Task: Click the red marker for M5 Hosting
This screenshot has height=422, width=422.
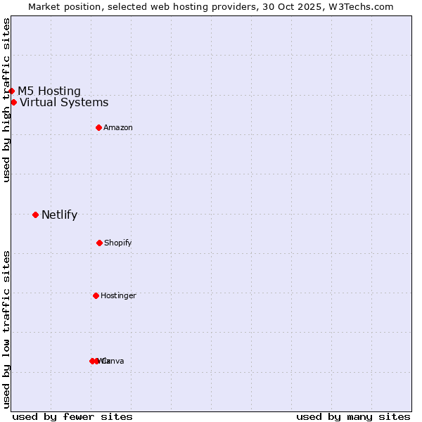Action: (x=12, y=91)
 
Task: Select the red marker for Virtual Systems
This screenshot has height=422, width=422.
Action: (x=14, y=102)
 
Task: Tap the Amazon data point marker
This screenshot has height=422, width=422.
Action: (x=99, y=127)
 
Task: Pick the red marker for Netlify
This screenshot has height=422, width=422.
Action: (x=35, y=215)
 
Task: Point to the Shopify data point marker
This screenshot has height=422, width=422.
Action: (x=99, y=243)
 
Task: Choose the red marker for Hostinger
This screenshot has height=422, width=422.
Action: (x=96, y=295)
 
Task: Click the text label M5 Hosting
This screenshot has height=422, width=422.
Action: (x=49, y=91)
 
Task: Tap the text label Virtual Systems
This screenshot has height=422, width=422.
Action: (x=64, y=103)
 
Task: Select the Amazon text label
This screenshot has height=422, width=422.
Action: (x=118, y=127)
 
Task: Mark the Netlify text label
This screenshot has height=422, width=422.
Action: (x=59, y=215)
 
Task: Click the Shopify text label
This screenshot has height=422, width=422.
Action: (x=118, y=243)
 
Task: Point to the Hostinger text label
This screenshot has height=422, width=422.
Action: (x=118, y=296)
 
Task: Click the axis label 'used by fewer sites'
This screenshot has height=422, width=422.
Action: (x=72, y=416)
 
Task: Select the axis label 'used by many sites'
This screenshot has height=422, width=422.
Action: (x=353, y=416)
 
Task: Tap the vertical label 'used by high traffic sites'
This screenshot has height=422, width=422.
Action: (x=6, y=100)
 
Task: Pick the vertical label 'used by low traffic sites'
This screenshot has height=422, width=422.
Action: (x=6, y=329)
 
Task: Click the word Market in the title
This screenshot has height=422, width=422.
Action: (x=45, y=6)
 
